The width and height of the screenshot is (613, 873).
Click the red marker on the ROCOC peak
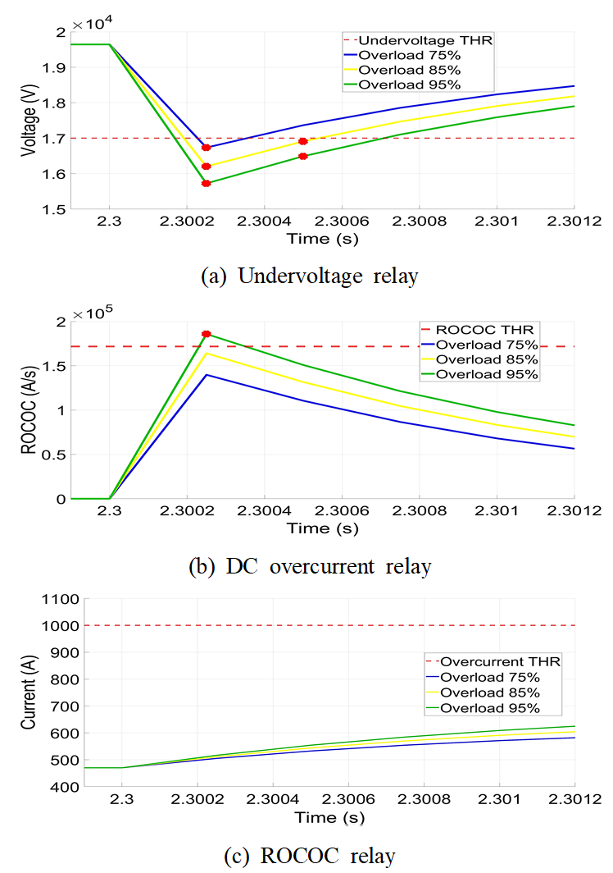207,334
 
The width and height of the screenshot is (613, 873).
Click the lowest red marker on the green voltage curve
207,183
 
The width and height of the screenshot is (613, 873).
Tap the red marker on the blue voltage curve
207,148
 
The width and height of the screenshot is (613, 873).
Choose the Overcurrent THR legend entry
493,662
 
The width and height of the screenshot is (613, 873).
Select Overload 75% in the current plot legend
489,678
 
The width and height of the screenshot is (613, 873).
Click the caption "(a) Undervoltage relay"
309,277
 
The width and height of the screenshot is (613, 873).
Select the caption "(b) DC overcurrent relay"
309,566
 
